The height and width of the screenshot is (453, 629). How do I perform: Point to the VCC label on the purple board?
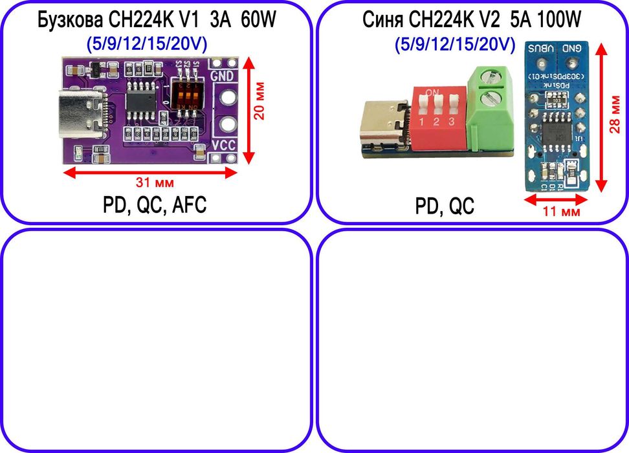(x=224, y=146)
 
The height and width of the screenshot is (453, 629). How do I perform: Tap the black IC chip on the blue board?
(x=555, y=131)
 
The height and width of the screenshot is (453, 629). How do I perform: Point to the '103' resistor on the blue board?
(x=556, y=100)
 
